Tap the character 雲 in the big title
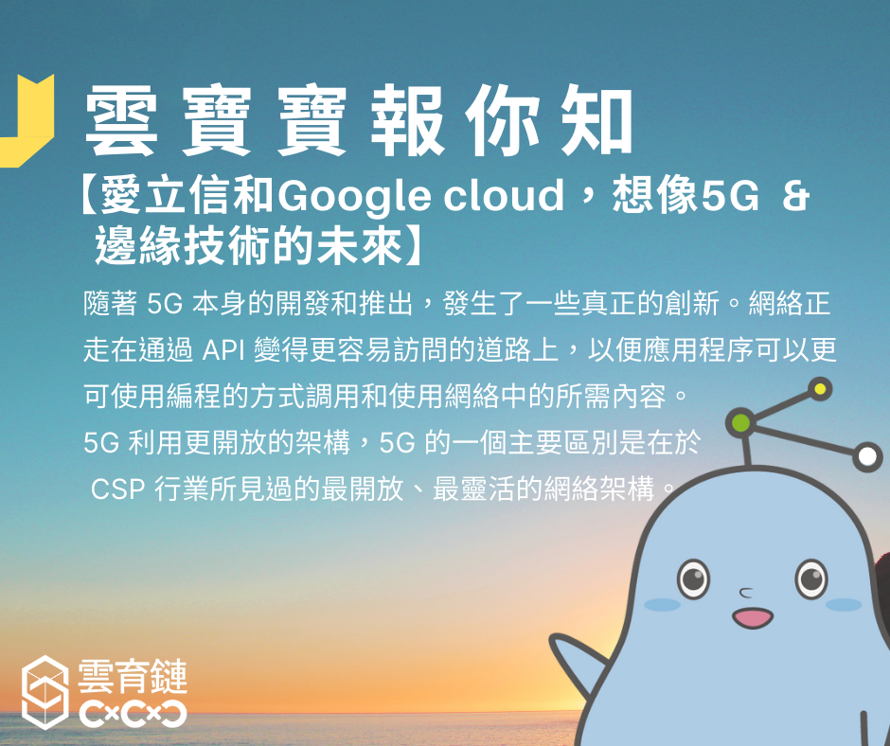[120, 120]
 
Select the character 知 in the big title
[597, 119]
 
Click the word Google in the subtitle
[353, 197]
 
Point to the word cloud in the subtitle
[503, 195]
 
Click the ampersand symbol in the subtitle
[794, 196]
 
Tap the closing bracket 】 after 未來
[413, 245]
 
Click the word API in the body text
[223, 350]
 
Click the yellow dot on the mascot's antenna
[820, 389]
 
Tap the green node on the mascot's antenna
[740, 422]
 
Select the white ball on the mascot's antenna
[866, 456]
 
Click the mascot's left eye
[693, 578]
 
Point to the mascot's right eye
[811, 578]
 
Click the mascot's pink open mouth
[753, 617]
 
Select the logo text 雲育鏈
[133, 676]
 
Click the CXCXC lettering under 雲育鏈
[133, 714]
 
